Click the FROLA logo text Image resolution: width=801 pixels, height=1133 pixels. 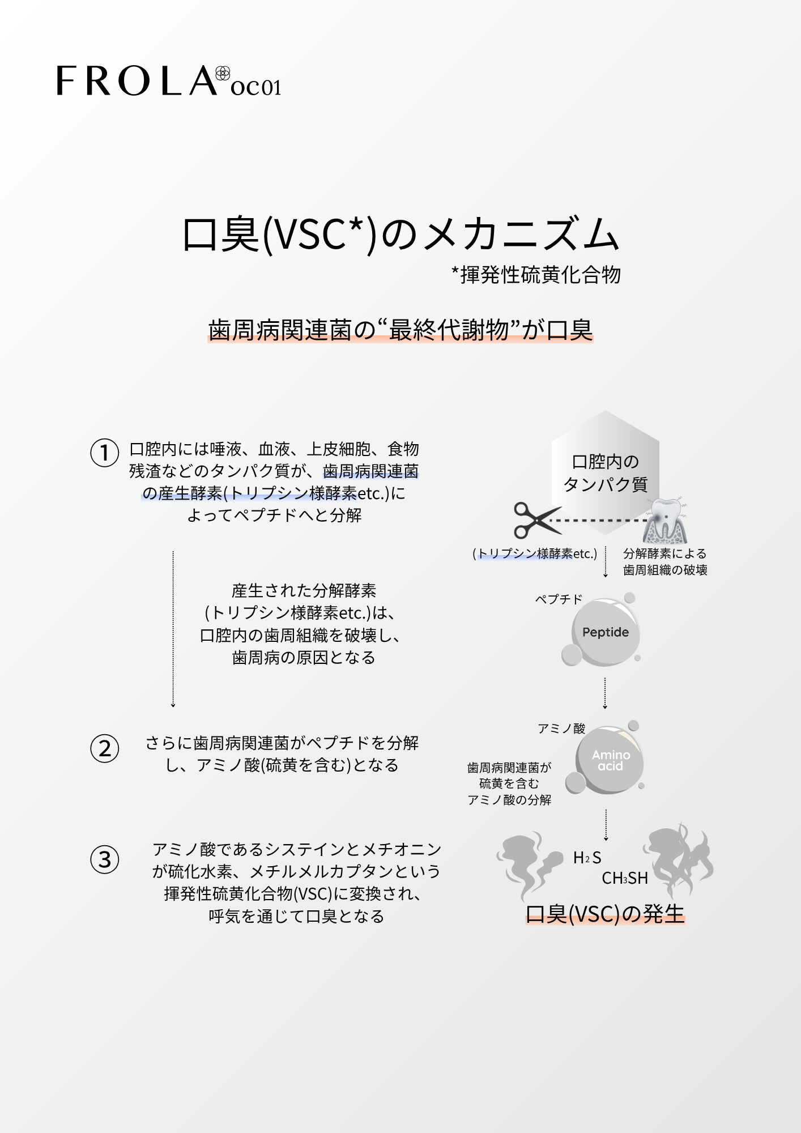[x=136, y=80]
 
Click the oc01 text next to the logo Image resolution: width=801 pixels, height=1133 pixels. [x=256, y=87]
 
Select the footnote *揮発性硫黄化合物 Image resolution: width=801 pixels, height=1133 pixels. [x=536, y=275]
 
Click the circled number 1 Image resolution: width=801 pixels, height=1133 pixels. [x=105, y=453]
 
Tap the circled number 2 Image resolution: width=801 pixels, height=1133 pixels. [x=105, y=748]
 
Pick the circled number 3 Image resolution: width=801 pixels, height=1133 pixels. [x=105, y=859]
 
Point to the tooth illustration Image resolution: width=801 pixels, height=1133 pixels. [x=665, y=521]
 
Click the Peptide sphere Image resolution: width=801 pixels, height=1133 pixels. [x=605, y=632]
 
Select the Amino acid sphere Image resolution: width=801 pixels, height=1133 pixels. [x=610, y=760]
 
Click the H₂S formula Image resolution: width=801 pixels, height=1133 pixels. [x=587, y=858]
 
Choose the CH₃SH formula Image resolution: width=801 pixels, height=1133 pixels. [x=625, y=878]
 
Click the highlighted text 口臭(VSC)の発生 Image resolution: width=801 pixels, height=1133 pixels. [x=605, y=914]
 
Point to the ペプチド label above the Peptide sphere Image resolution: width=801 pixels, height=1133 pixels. [x=559, y=599]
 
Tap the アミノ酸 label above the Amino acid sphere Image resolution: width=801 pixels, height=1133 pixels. [x=561, y=729]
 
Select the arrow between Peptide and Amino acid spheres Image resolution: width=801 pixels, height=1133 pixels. [x=605, y=693]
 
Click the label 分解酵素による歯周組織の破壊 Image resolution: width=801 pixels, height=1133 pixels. [x=665, y=561]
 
